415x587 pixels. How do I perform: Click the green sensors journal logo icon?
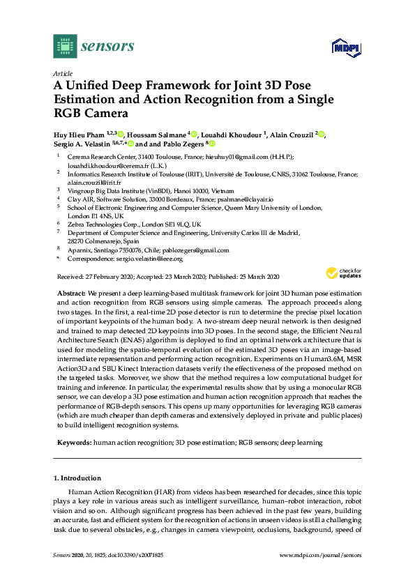65,47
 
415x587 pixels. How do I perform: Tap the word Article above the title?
62,73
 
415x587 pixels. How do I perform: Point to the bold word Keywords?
73,442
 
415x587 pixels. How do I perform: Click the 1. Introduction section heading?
77,478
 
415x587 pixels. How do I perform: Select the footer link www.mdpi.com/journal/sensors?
320,555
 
